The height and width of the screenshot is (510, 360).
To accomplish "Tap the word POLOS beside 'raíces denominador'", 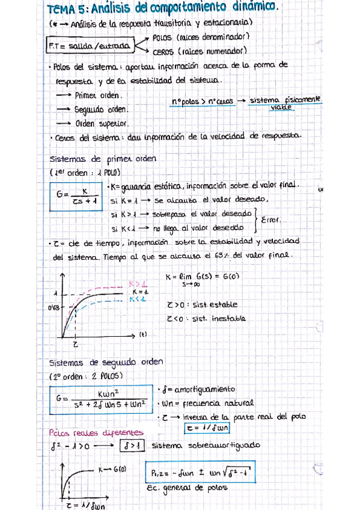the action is (x=164, y=37).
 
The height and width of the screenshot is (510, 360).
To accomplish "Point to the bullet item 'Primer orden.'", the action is (x=99, y=95).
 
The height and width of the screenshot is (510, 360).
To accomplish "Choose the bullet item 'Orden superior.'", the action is (x=102, y=123).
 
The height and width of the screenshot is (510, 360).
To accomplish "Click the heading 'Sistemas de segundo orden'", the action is (x=106, y=363).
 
